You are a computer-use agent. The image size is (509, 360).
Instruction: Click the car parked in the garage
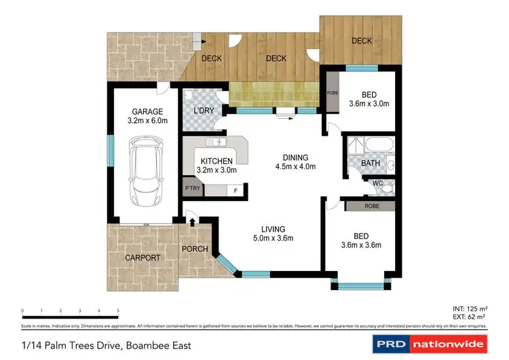click(x=147, y=173)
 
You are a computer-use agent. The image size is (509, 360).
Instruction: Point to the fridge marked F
click(x=235, y=191)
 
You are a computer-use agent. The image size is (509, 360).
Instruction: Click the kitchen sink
click(x=219, y=142)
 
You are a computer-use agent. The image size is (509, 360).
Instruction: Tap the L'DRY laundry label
click(x=205, y=110)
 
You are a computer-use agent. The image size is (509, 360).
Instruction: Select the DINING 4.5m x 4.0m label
click(x=295, y=161)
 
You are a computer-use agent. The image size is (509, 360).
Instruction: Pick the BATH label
click(x=370, y=164)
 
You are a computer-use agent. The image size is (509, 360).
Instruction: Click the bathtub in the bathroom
click(x=371, y=145)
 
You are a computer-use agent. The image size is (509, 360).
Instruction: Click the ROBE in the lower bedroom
click(x=371, y=205)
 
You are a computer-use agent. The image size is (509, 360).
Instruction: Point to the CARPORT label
click(x=143, y=258)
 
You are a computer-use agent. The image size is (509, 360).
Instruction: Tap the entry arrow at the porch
click(x=192, y=220)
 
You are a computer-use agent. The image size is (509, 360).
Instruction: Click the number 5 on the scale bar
click(x=119, y=310)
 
